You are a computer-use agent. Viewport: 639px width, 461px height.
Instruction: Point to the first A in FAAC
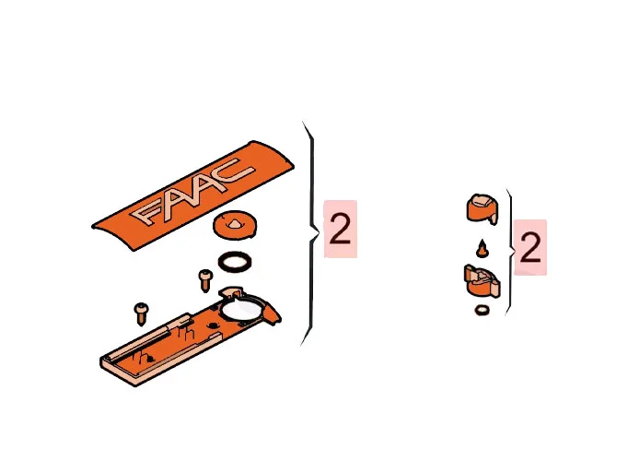coord(177,199)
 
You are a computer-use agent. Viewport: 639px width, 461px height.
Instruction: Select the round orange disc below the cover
coord(235,224)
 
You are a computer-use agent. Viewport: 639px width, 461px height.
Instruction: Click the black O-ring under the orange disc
coord(235,262)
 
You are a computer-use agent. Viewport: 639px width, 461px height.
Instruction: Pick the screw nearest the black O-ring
coord(205,280)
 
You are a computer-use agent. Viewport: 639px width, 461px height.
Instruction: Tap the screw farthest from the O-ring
coord(141,313)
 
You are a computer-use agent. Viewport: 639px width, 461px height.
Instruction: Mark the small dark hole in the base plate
coord(213,325)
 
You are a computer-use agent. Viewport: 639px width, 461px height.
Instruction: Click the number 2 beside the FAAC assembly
coord(340,230)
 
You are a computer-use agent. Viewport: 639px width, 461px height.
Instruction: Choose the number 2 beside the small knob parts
coord(530,248)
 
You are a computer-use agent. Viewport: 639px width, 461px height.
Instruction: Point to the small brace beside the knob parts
coord(511,253)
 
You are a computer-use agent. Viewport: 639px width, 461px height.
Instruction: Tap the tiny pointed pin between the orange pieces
coord(482,249)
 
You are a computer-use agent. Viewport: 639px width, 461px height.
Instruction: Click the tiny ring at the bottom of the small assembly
coord(482,310)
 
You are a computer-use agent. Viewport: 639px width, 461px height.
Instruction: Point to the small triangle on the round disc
coord(234,223)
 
